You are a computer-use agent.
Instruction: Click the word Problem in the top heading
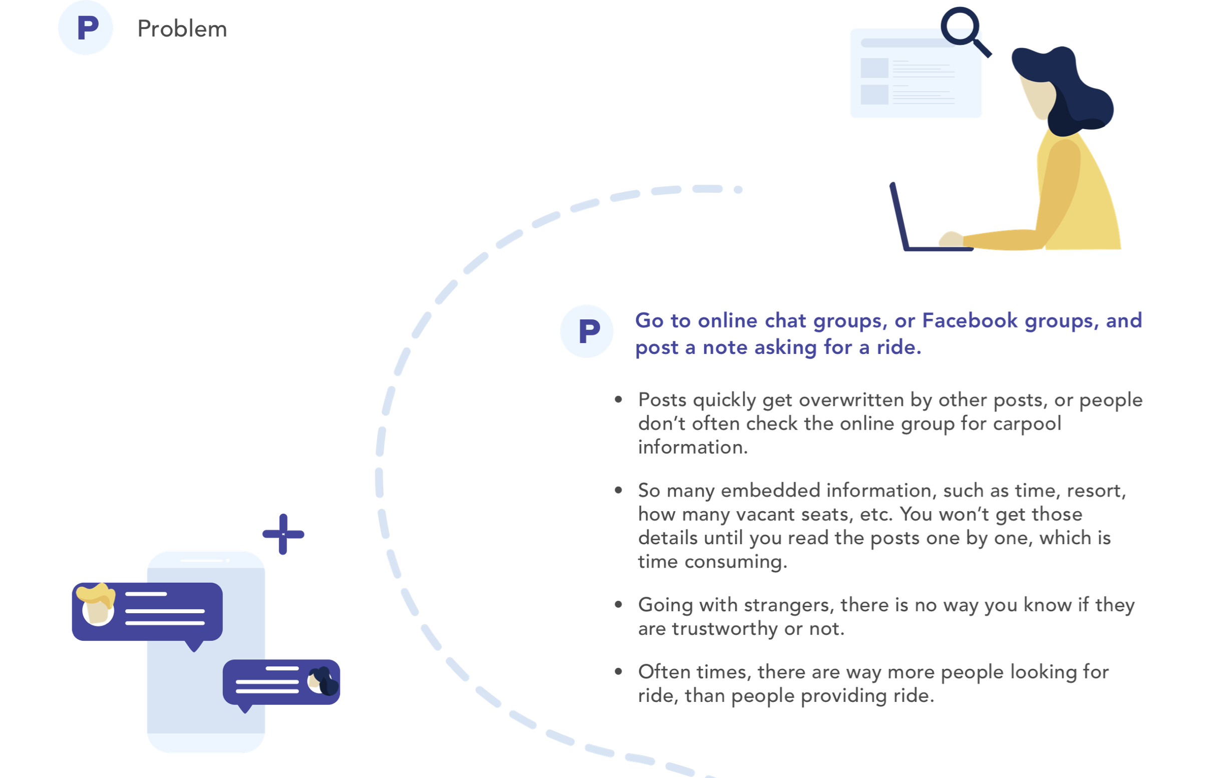click(182, 29)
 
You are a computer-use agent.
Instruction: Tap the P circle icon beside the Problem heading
click(86, 28)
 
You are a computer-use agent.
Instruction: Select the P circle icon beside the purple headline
click(587, 331)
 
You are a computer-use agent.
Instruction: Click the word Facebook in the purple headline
click(970, 320)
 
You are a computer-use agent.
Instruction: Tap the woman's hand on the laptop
click(951, 239)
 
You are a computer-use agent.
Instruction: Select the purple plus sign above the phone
click(283, 534)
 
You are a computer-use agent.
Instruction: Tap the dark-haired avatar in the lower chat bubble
click(322, 681)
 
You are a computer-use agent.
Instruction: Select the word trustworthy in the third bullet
click(725, 629)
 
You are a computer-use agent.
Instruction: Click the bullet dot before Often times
click(618, 671)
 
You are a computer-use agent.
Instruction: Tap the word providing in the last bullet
click(844, 696)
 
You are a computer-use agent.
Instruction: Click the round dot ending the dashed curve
click(738, 189)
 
